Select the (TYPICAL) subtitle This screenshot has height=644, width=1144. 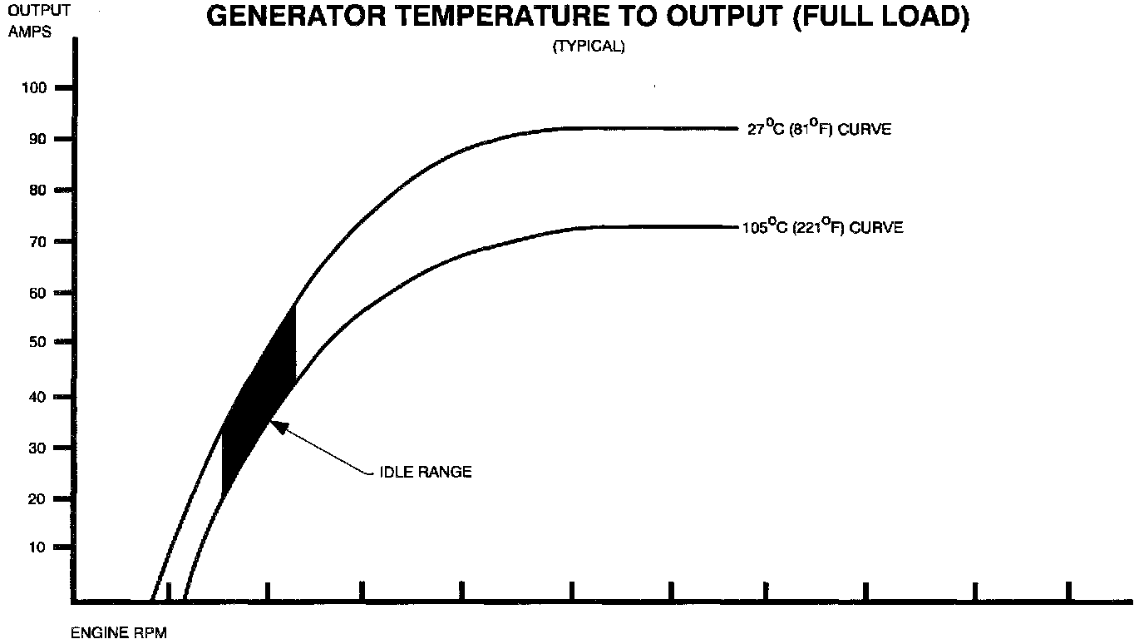tap(589, 47)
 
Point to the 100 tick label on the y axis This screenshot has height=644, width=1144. tap(40, 87)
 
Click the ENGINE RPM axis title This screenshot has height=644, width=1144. tap(119, 634)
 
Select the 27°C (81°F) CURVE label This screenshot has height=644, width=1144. tap(819, 130)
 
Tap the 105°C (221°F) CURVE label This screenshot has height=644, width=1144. tap(822, 227)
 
